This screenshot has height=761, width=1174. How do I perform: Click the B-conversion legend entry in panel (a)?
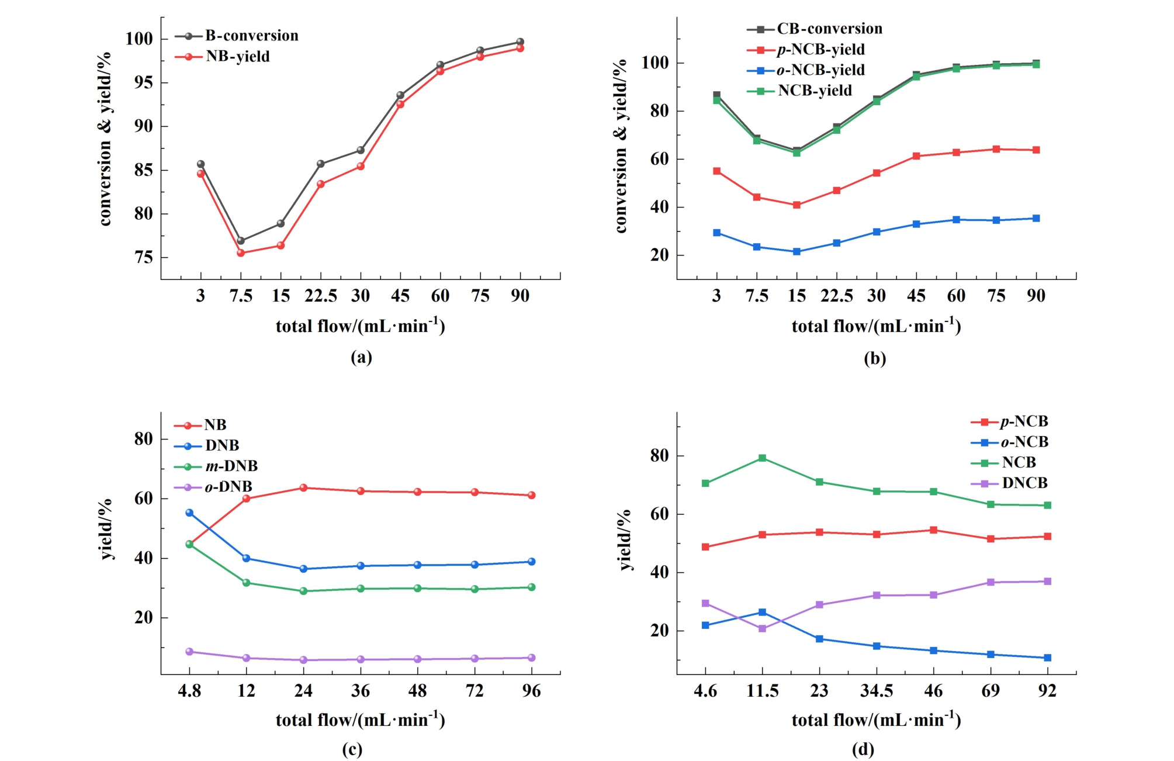(x=251, y=36)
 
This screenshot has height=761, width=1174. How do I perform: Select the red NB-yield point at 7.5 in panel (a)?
(x=241, y=253)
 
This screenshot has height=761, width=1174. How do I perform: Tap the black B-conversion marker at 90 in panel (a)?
(x=520, y=42)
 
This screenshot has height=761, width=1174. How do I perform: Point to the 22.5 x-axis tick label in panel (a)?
(x=321, y=296)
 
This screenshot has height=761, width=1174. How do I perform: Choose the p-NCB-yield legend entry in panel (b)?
(x=820, y=50)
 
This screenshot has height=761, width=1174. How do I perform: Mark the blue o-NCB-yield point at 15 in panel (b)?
(x=796, y=252)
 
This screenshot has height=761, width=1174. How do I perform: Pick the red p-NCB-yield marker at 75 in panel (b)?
(x=996, y=149)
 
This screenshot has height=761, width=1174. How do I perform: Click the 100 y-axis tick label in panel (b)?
(x=654, y=63)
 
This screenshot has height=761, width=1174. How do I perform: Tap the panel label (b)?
(x=875, y=358)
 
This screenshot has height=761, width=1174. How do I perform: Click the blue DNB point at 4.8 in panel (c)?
(x=189, y=513)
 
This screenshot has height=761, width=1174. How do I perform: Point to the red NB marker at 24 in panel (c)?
(x=303, y=487)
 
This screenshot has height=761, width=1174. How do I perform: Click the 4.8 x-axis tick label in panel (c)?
(x=189, y=691)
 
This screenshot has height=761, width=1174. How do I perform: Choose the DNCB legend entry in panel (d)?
(x=1024, y=483)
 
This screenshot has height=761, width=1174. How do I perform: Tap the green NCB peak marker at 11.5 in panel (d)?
(x=763, y=458)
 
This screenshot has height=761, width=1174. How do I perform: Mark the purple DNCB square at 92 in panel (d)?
(x=1048, y=582)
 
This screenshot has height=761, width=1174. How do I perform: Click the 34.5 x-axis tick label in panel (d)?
(x=877, y=691)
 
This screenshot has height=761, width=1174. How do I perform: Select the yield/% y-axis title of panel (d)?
(x=625, y=539)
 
